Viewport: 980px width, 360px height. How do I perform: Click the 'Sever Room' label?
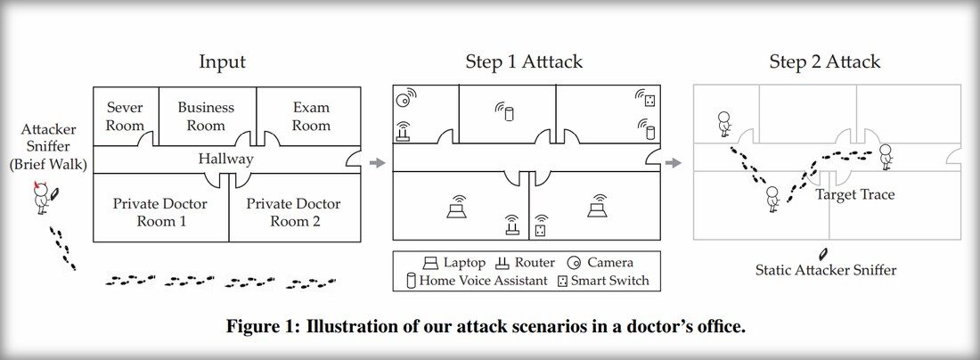(125, 117)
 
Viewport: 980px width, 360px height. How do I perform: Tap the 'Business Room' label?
(206, 117)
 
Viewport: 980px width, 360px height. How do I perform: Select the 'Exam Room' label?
(311, 117)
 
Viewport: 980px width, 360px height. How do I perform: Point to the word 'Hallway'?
(226, 160)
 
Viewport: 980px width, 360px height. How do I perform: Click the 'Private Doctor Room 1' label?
(160, 212)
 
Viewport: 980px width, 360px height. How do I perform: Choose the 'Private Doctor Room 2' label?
(293, 212)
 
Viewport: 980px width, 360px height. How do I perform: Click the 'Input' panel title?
(222, 62)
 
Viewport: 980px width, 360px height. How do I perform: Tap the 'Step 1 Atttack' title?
(524, 62)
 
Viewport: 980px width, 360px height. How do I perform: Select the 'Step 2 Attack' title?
(825, 62)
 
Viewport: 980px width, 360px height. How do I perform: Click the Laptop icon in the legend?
(430, 263)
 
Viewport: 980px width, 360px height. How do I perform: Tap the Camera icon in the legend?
(575, 263)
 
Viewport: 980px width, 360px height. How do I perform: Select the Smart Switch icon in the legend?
(562, 281)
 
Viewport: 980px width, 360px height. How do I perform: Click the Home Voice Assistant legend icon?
(411, 281)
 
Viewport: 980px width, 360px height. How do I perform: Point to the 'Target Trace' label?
(855, 193)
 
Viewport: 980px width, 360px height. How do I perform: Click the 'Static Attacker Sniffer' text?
(826, 269)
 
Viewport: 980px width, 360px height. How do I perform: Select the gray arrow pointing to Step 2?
(676, 162)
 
